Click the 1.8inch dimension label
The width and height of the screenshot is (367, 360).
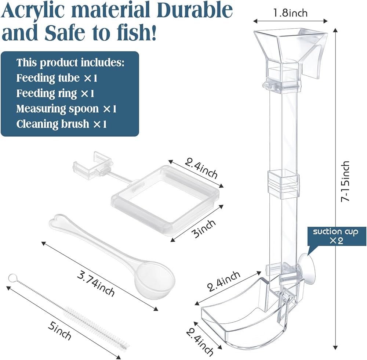click(x=290, y=13)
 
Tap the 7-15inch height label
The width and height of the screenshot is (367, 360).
click(x=345, y=181)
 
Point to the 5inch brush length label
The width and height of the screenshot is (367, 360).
click(x=59, y=331)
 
